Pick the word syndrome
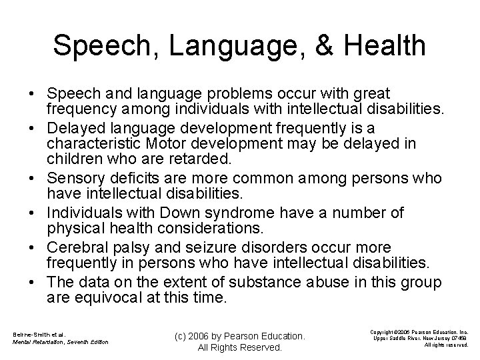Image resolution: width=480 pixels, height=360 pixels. click(252, 212)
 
